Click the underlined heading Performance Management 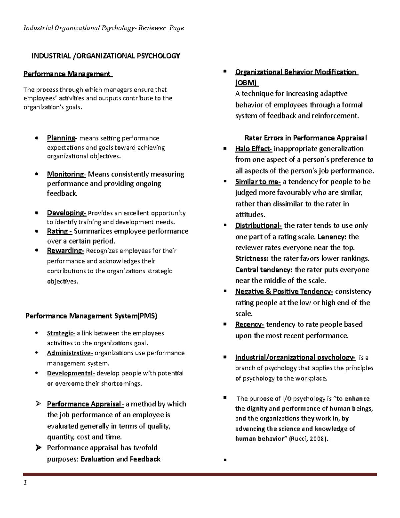[68, 74]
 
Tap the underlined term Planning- [62, 138]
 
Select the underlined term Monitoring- [66, 174]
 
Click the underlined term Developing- [66, 213]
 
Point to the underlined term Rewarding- [65, 250]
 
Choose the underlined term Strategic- [61, 333]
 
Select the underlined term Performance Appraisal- [85, 404]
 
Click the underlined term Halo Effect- [253, 149]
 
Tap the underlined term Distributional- [258, 226]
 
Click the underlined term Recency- [249, 325]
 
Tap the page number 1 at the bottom [25, 483]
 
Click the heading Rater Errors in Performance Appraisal [305, 138]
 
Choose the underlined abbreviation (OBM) [246, 83]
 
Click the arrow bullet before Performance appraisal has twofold [38, 448]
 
